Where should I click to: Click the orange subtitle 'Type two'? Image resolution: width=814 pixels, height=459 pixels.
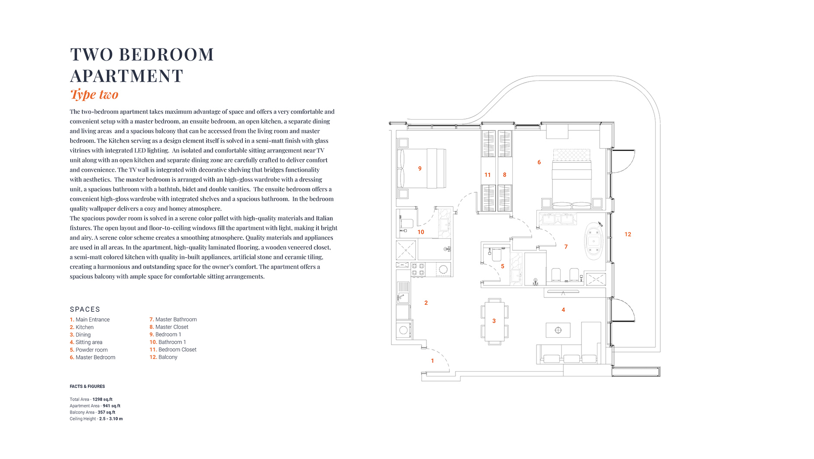click(94, 94)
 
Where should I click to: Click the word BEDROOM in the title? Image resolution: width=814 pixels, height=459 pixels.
click(166, 55)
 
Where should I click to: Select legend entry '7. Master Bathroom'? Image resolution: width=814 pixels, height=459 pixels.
click(173, 320)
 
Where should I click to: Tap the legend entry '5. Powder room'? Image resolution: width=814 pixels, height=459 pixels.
click(89, 350)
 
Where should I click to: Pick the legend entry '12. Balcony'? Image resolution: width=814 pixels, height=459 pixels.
click(164, 357)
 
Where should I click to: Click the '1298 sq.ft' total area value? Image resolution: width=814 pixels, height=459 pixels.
click(103, 400)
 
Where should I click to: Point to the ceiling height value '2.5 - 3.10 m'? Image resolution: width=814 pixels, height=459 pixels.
click(111, 419)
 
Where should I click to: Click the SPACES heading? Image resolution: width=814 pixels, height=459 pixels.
click(85, 309)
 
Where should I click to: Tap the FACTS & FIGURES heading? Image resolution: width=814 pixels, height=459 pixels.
click(87, 386)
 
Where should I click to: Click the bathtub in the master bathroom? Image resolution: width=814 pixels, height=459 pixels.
click(594, 241)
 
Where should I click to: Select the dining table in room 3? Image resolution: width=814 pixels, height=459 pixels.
click(494, 321)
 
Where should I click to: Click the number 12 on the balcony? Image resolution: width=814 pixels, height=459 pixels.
click(628, 234)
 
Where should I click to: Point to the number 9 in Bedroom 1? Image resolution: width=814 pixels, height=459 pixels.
click(420, 168)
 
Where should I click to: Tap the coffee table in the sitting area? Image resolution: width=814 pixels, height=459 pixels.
click(558, 330)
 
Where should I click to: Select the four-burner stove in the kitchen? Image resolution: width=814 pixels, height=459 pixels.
click(418, 270)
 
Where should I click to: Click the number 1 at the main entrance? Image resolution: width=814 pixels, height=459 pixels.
click(432, 361)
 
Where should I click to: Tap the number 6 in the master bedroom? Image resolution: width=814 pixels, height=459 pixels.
click(539, 162)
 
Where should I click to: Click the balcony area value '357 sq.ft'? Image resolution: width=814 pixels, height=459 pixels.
click(107, 412)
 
